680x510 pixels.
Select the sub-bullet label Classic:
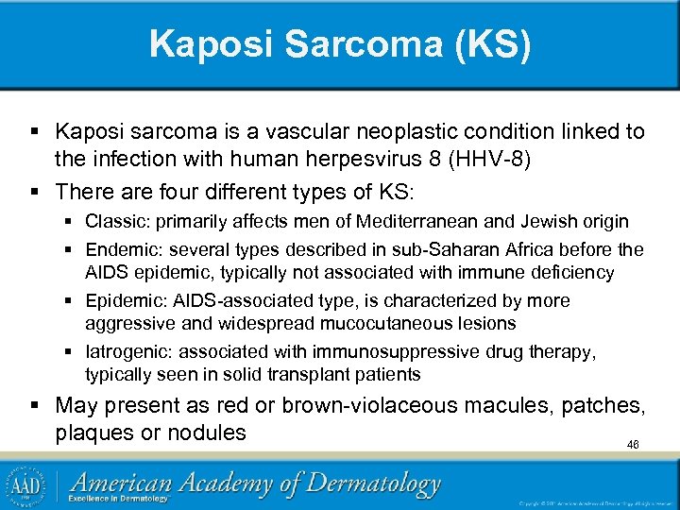tap(114, 222)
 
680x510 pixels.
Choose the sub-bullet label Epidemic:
tap(122, 301)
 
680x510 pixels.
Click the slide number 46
tap(633, 444)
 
